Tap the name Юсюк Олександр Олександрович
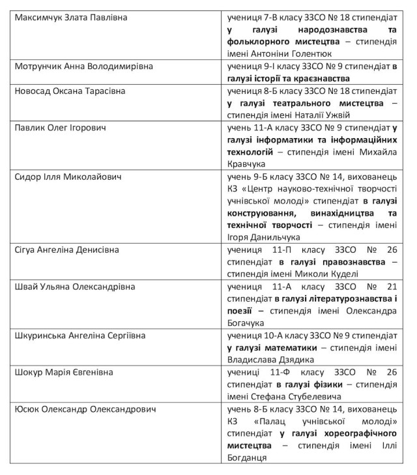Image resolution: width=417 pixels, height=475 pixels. pyautogui.click(x=88, y=409)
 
